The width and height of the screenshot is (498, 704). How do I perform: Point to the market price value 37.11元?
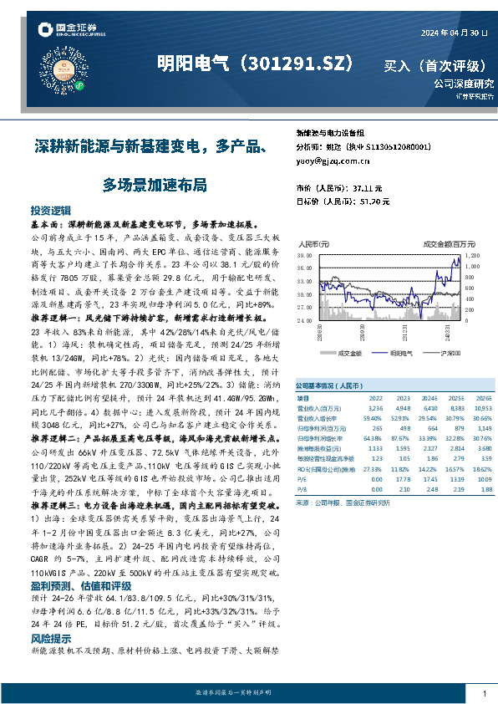pos(367,188)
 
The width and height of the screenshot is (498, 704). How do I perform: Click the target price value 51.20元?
pos(371,202)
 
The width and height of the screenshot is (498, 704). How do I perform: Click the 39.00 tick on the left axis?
pos(304,254)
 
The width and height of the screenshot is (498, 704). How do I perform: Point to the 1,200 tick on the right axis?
pos(472,254)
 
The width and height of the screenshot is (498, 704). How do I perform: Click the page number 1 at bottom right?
pos(485,693)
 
